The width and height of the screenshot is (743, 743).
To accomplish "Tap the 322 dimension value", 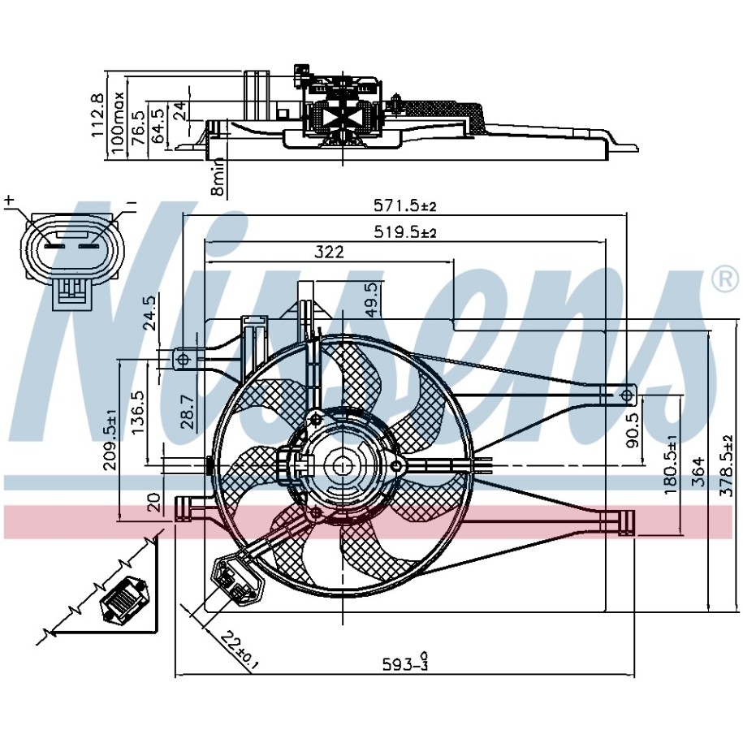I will tap(328, 253).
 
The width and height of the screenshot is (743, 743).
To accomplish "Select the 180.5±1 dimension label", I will tap(672, 467).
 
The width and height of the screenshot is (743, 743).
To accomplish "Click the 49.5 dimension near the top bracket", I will tap(372, 300).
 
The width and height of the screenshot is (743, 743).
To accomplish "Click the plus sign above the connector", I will tap(10, 201).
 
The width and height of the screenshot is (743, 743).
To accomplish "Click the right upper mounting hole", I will tap(625, 395).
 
